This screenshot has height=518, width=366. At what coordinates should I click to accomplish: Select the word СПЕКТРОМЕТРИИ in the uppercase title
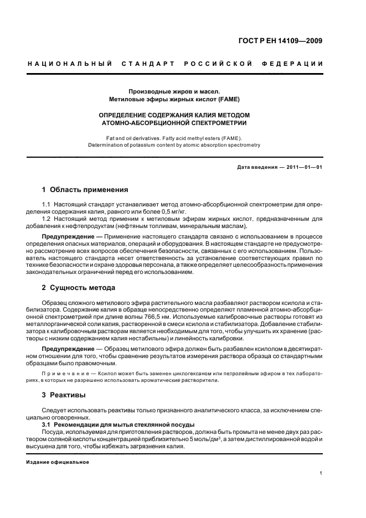216,122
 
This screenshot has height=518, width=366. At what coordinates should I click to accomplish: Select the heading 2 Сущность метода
79,288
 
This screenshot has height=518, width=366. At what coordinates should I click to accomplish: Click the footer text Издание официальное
58,462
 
